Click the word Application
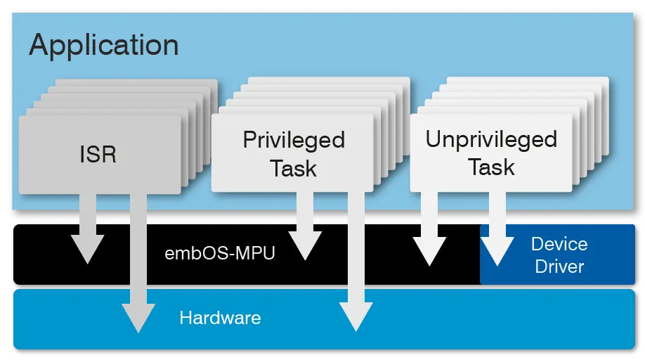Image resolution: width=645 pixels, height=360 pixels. pyautogui.click(x=103, y=46)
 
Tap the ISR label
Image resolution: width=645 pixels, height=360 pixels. pyautogui.click(x=98, y=154)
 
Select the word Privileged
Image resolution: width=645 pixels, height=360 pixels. pyautogui.click(x=294, y=140)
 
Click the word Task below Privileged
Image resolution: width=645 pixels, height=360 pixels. pyautogui.click(x=294, y=169)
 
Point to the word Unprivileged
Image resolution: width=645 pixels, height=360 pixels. pyautogui.click(x=491, y=139)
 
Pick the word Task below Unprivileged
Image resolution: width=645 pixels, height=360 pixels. pyautogui.click(x=491, y=167)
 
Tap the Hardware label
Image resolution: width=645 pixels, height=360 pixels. pyautogui.click(x=220, y=318)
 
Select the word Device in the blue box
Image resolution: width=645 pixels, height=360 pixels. pyautogui.click(x=559, y=244)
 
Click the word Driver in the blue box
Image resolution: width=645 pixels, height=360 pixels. pyautogui.click(x=559, y=266)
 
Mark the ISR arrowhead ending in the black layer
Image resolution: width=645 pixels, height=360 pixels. pyautogui.click(x=87, y=249)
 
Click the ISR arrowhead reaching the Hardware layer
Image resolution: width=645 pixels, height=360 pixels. pyautogui.click(x=138, y=317)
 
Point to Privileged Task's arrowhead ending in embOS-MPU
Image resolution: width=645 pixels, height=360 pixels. pyautogui.click(x=304, y=247)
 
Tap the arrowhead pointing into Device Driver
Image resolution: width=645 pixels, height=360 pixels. pyautogui.click(x=497, y=252)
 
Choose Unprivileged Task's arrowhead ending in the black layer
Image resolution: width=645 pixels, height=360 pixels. pyautogui.click(x=429, y=251)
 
